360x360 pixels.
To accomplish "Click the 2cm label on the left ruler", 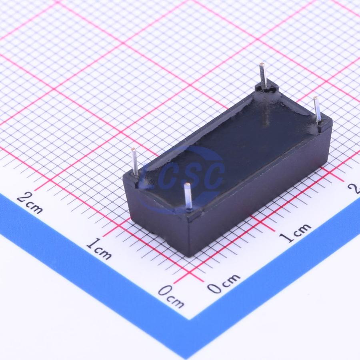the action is pos(30,203).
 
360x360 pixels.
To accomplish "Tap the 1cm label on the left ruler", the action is pos(99,249).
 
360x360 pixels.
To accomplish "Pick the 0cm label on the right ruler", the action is pos(224,284).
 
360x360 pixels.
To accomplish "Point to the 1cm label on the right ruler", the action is pos(295,233).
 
